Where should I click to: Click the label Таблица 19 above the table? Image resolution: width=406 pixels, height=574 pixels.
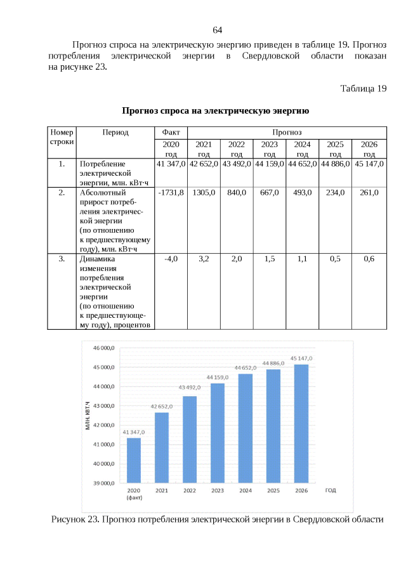pos(363,88)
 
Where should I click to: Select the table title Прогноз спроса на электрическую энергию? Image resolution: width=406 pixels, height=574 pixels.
pos(216,112)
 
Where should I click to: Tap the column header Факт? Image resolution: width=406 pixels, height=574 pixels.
pos(171,132)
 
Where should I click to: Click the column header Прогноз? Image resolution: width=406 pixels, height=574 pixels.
pos(287,132)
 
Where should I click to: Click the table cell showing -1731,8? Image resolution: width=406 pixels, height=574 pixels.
pos(171,192)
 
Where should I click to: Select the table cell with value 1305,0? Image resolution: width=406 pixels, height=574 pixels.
pos(204,192)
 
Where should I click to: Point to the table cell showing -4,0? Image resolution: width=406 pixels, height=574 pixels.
pos(171,259)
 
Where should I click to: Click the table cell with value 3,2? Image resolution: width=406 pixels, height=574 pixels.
pos(204,259)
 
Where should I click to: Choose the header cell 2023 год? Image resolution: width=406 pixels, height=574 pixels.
pos(270,149)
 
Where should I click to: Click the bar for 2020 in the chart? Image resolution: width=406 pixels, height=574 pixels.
pos(134,460)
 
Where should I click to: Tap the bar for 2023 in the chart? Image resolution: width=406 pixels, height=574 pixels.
pos(218,433)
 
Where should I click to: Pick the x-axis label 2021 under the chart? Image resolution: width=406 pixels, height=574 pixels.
pos(162,491)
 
